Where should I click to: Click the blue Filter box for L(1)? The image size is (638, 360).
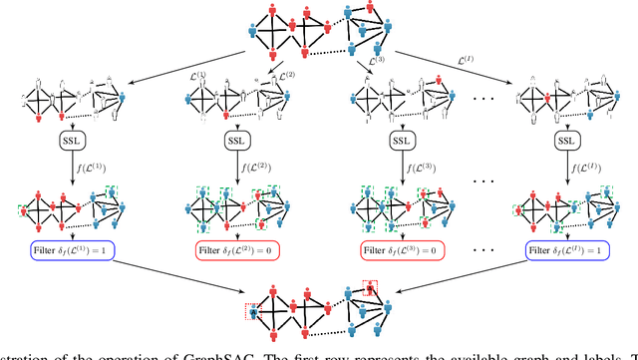pyautogui.click(x=67, y=249)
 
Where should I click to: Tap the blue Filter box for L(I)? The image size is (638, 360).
pyautogui.click(x=565, y=249)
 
